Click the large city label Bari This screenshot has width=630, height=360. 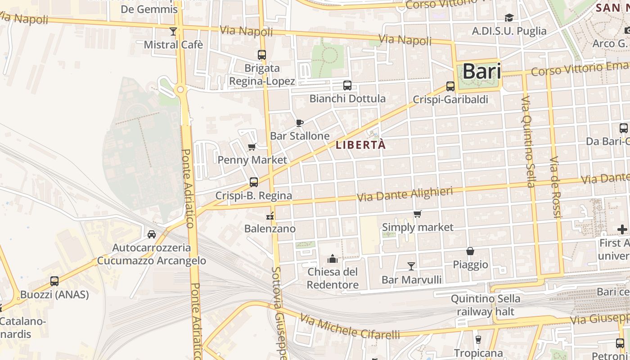481,72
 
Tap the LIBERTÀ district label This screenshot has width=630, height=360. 360,145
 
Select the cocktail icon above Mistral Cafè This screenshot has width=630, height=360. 173,31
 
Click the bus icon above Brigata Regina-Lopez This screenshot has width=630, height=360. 262,55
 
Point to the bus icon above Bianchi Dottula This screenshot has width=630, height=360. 347,85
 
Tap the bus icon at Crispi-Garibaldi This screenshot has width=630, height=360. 450,86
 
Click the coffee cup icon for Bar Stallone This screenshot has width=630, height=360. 300,123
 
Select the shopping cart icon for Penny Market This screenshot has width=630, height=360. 252,147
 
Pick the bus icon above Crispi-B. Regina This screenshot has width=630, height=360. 254,182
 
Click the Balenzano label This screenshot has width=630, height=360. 270,229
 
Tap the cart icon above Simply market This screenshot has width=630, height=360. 418,214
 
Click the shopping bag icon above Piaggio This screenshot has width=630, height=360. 470,251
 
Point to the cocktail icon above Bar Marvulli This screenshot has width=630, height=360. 411,266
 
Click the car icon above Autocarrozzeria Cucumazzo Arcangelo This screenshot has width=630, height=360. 152,234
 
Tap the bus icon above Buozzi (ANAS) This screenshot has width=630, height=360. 54,281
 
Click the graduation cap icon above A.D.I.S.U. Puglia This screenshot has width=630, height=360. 509,18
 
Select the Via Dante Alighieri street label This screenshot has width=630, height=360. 405,195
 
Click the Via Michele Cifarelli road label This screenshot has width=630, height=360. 350,327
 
